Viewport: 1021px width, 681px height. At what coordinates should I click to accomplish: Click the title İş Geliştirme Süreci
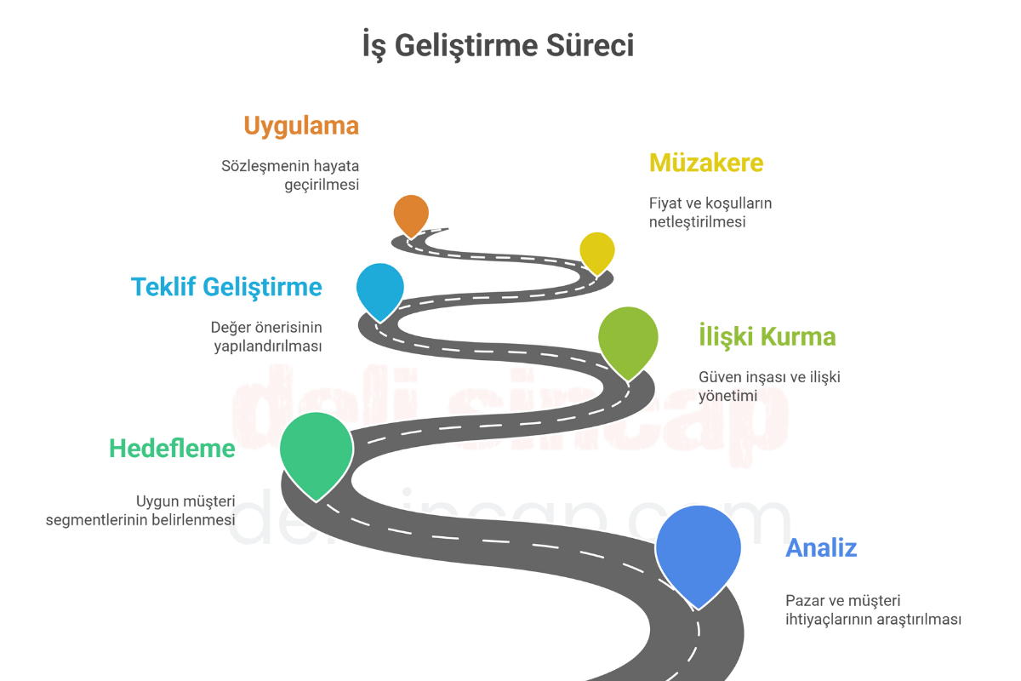(499, 46)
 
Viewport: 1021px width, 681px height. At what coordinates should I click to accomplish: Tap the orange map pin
(411, 215)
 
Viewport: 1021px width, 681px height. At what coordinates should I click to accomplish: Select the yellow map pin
(597, 253)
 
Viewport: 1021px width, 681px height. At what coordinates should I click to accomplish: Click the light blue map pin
(380, 291)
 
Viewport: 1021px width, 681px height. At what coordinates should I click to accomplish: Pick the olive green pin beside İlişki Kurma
(628, 342)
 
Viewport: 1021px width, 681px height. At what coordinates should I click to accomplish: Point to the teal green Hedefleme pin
(317, 455)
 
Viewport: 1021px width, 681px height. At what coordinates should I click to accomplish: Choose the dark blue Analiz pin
(699, 554)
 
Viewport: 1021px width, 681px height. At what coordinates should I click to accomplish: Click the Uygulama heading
(301, 126)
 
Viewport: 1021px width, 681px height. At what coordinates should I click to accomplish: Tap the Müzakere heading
(706, 163)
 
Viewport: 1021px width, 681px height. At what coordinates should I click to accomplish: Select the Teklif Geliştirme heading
(226, 287)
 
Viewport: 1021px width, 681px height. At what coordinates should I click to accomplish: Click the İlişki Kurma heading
(767, 336)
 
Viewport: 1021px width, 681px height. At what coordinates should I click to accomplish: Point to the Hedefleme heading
(172, 449)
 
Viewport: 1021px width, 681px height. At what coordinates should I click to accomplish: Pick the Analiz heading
(821, 548)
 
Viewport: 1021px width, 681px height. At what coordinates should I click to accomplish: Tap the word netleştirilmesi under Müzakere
(698, 222)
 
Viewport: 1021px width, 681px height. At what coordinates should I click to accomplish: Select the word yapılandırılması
(268, 346)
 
